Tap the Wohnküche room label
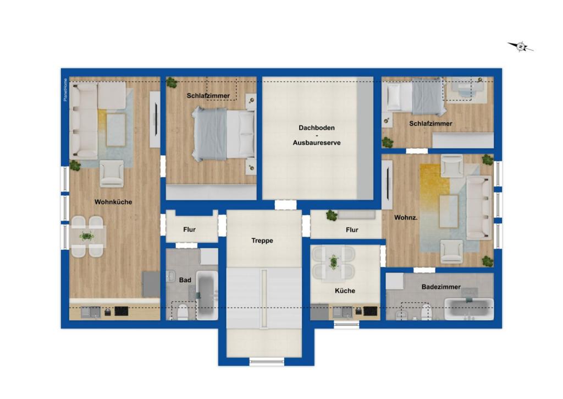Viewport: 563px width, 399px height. (x=113, y=202)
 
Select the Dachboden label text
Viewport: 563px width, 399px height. (x=316, y=128)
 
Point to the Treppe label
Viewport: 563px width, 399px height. (x=262, y=241)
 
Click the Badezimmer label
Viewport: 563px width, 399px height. (x=441, y=287)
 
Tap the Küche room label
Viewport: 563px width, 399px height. (x=345, y=291)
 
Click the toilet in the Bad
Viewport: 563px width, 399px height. (x=181, y=312)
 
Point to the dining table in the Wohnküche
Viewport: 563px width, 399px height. (x=87, y=237)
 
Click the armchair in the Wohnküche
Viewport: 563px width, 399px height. (x=112, y=173)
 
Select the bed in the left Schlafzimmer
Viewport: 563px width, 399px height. (x=223, y=133)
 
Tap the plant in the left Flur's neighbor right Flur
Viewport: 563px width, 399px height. (x=331, y=215)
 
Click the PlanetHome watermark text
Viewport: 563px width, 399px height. (x=65, y=90)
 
